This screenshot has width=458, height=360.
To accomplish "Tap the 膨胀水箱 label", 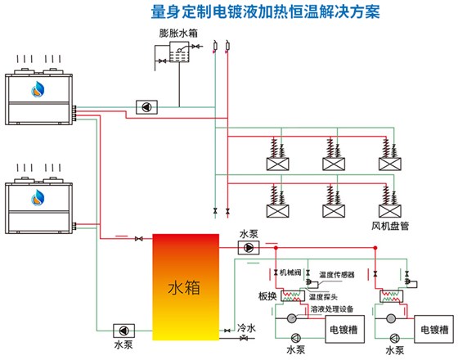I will pos(177,34).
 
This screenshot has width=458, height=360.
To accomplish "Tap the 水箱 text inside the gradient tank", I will pos(184,288).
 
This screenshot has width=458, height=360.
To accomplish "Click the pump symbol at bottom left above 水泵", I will pos(122,331).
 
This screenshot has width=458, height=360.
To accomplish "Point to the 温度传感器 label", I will pos(337,275).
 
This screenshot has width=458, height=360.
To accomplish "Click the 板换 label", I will pos(267,295).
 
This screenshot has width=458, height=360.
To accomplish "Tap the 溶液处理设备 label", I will pos(332,310).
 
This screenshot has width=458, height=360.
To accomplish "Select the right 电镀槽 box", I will pos(434,331).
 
